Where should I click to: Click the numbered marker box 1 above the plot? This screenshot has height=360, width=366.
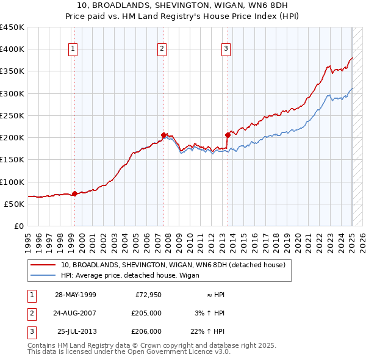pos(73,49)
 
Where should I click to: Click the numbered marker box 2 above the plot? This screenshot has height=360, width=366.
pos(162,49)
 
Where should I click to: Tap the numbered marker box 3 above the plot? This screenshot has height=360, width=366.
pos(226,49)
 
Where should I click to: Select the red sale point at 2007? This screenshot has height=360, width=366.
pos(163,135)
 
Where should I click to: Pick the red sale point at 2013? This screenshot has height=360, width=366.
pos(228,134)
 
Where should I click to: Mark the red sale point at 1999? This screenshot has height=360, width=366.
pos(74,193)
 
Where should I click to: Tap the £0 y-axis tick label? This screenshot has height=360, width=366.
pos(18,226)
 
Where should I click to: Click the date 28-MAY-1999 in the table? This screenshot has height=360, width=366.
pos(76,295)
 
